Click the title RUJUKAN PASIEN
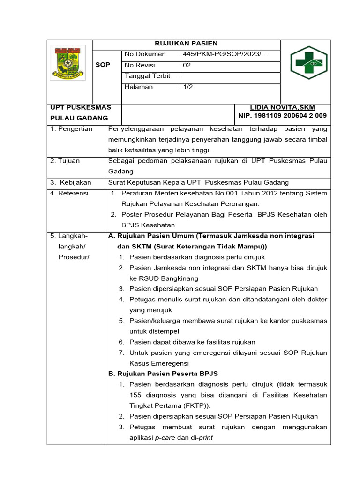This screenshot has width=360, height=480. (x=187, y=44)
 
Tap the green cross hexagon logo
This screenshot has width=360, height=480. (x=305, y=62)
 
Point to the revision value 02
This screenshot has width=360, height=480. (x=187, y=66)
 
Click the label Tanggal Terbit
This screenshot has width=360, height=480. (x=146, y=76)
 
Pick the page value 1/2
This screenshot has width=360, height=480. (x=187, y=87)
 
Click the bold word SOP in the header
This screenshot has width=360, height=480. (x=103, y=65)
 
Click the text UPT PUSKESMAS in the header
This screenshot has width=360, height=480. (x=81, y=107)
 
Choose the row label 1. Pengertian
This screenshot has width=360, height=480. (x=72, y=129)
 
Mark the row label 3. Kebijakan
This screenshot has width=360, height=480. (x=72, y=182)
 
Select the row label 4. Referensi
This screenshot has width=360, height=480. (x=70, y=193)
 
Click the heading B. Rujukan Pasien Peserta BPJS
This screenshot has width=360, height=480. (x=163, y=374)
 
